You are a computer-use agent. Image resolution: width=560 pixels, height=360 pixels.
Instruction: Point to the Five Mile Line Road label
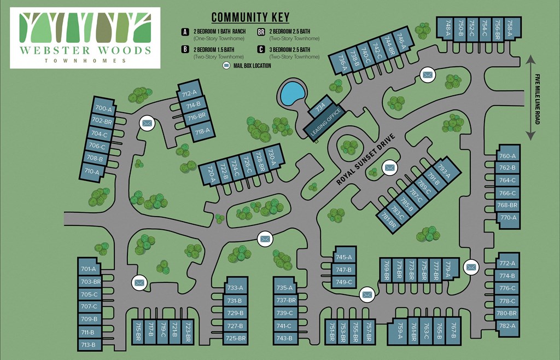[538, 99]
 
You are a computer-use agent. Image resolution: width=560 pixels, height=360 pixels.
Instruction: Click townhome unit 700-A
[103, 109]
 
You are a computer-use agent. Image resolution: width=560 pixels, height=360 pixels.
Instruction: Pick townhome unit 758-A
[509, 28]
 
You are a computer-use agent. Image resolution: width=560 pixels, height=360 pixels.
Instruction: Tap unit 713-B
[89, 345]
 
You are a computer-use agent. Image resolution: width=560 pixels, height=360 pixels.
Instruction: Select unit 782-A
[507, 326]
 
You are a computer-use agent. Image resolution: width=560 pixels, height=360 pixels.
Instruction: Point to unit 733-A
[235, 288]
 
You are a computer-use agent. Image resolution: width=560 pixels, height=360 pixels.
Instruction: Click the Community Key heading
[250, 18]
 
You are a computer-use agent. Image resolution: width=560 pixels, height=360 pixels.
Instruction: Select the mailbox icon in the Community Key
[227, 66]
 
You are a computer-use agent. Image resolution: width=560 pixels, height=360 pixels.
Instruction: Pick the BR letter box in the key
[261, 32]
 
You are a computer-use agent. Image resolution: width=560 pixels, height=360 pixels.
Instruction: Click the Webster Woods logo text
[85, 51]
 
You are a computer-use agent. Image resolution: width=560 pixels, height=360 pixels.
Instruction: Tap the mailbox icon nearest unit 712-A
[147, 124]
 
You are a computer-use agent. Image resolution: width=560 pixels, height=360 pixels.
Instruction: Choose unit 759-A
[400, 332]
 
